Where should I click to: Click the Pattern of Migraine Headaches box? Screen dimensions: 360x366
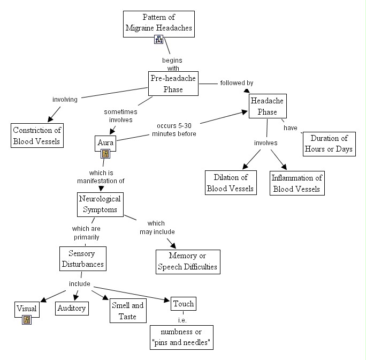[159, 22]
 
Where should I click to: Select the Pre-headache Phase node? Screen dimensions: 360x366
[173, 84]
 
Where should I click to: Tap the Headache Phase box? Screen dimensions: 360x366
[267, 106]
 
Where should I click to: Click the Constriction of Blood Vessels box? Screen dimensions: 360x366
[37, 136]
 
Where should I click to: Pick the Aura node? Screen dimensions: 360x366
[105, 142]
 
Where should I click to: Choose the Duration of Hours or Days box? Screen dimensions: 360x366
[329, 144]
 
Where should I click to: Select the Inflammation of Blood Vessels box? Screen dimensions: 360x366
[297, 183]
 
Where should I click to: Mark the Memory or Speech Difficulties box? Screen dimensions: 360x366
[187, 261]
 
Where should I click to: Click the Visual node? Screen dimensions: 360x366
[26, 308]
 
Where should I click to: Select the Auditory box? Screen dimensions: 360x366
[72, 308]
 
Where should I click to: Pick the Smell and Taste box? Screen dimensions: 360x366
[128, 311]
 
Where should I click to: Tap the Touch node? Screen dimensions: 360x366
[183, 304]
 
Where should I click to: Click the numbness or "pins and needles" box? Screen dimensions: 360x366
[181, 337]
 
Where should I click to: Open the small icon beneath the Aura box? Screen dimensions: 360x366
[105, 154]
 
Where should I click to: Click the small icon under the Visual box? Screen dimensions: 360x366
[27, 320]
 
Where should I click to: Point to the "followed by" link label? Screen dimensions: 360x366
[237, 83]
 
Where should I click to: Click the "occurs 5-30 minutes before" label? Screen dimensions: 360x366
[174, 130]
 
